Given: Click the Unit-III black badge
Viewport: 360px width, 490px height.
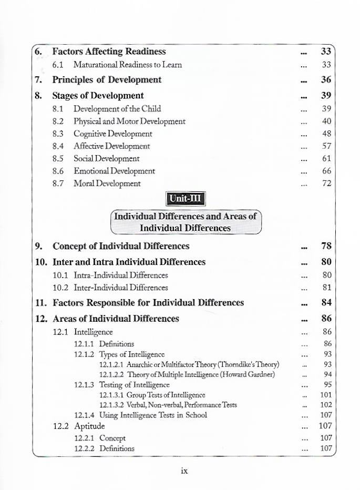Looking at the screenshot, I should coord(186,199).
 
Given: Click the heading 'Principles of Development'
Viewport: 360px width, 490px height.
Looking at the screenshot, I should coord(107,80).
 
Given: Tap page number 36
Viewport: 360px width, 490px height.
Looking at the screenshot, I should coord(326,80).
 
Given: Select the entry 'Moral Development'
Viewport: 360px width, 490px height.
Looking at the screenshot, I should coord(107,183).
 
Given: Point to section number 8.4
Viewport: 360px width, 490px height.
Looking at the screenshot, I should coord(58,146).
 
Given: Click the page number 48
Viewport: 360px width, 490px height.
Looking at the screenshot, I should coord(326,134).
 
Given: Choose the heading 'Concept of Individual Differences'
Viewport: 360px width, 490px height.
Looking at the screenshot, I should coord(121,246).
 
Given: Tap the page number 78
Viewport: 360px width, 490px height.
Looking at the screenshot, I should coord(326,246).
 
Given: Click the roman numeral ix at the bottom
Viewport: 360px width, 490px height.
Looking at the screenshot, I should coord(184,471).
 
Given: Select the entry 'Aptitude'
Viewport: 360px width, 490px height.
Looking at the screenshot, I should coord(89,426).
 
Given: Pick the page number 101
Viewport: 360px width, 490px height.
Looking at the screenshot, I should coord(326,394).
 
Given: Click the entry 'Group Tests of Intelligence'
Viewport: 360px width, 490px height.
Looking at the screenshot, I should coord(166,394).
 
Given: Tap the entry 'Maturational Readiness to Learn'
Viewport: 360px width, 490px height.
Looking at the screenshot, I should coord(128,65).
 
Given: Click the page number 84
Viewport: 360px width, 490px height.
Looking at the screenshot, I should coord(326,303).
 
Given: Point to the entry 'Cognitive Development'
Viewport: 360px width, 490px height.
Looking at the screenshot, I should coord(113,134).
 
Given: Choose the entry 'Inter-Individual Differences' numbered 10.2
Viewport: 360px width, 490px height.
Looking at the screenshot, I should coord(121,288).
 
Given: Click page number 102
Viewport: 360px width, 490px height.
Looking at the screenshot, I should coord(326,405).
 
